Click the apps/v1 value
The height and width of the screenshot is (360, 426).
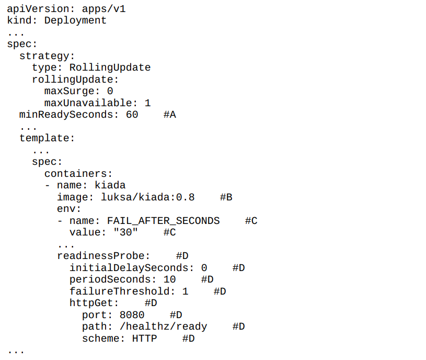[x=104, y=9]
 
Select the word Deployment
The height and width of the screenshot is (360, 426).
[x=75, y=20]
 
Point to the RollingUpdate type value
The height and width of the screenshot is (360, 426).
[x=110, y=67]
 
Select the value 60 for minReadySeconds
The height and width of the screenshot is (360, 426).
[x=132, y=115]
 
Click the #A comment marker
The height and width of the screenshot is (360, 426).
[x=170, y=115]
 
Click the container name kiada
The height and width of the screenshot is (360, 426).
[x=110, y=185]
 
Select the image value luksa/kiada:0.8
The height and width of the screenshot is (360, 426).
[x=147, y=197]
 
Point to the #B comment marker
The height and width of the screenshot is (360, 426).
[x=226, y=197]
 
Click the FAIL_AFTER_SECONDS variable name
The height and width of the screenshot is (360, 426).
[x=163, y=221]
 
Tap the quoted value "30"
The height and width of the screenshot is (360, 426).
[x=126, y=232]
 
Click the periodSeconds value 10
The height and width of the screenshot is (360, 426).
[x=169, y=279]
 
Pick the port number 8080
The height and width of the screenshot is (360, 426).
[x=132, y=315]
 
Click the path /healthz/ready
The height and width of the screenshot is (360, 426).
[x=163, y=327]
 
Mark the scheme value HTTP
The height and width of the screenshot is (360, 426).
[x=145, y=339]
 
